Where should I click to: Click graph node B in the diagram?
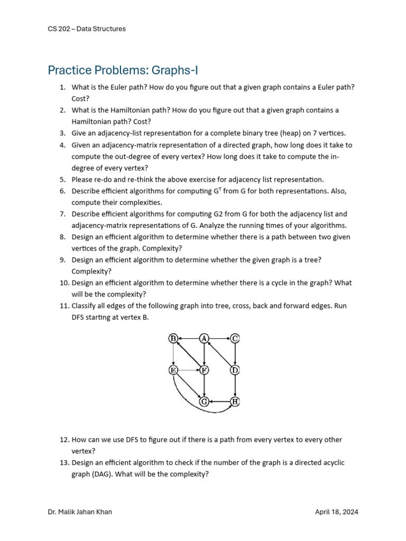point(173,339)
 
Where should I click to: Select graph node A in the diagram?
point(204,339)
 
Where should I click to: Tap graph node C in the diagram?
point(235,339)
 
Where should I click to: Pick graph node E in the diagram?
point(173,370)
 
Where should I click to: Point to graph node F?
point(204,370)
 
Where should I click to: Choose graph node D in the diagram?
point(235,370)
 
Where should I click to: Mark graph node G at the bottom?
point(204,402)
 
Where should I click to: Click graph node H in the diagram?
point(235,402)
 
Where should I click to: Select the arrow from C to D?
point(235,354)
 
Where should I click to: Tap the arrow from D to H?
point(235,386)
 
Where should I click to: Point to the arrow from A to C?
point(219,339)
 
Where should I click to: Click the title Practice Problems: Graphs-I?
point(123,70)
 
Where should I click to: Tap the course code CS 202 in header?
point(59,29)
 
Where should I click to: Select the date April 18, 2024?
point(336,512)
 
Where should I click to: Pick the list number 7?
point(62,214)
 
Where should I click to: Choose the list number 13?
point(62,463)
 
